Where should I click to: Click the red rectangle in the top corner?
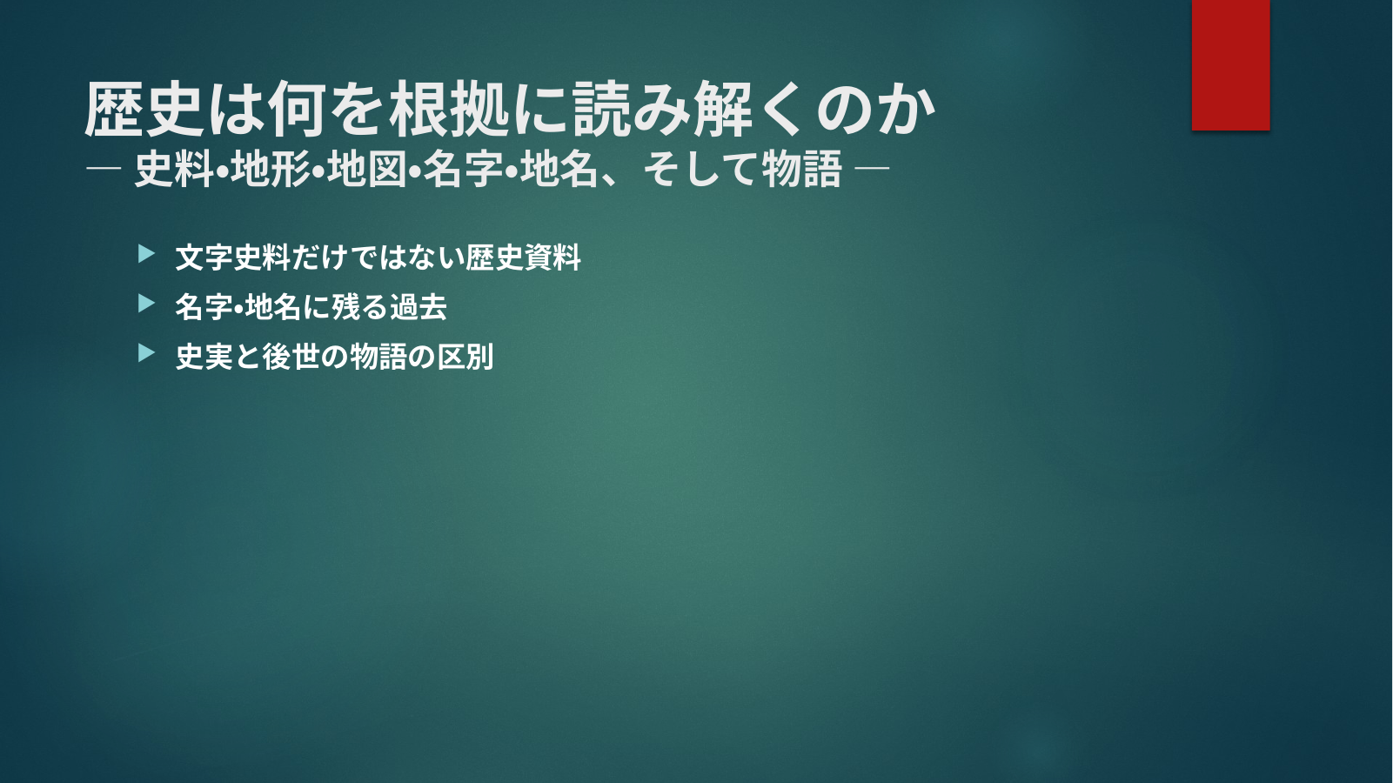tap(1230, 64)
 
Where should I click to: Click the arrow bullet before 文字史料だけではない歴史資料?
tap(146, 254)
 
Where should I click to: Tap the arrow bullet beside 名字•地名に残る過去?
tap(146, 304)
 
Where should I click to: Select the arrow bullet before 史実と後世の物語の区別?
tap(146, 353)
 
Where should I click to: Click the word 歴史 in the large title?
tap(144, 110)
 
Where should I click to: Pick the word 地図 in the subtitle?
tap(367, 169)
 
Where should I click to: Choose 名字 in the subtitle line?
tap(464, 169)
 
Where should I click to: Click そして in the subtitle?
tap(701, 169)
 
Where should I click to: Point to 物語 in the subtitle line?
tap(802, 169)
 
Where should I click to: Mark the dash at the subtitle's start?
tap(104, 168)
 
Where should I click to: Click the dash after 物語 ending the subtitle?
tap(873, 168)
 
